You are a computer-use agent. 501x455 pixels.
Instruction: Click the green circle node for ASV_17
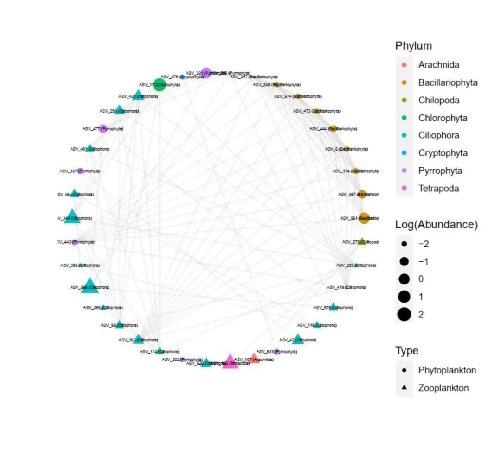click(x=160, y=84)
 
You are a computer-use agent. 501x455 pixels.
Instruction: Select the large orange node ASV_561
click(x=364, y=218)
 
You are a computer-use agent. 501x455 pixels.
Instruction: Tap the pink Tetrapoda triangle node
click(x=230, y=362)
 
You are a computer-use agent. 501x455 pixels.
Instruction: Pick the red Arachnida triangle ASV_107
click(x=254, y=358)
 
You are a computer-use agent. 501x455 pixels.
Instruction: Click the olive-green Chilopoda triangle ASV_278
click(x=363, y=241)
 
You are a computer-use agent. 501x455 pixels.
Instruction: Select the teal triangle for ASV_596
click(x=90, y=286)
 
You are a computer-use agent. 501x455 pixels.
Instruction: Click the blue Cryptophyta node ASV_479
click(x=182, y=77)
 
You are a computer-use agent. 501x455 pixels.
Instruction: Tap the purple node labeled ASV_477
click(x=103, y=128)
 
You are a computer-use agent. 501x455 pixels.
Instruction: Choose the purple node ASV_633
click(x=277, y=352)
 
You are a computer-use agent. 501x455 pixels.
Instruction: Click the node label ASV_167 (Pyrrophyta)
click(x=79, y=171)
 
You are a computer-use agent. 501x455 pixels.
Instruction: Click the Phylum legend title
click(x=413, y=46)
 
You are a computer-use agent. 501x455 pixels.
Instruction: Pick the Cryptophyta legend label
click(x=443, y=153)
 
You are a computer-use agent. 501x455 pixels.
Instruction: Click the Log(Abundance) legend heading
click(x=436, y=225)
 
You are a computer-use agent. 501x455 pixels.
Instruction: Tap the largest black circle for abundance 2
click(x=404, y=315)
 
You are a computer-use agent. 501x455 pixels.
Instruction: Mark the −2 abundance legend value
click(x=423, y=244)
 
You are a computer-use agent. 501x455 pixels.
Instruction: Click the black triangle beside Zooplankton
click(x=405, y=388)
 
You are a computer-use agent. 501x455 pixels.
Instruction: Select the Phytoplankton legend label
click(x=447, y=370)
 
